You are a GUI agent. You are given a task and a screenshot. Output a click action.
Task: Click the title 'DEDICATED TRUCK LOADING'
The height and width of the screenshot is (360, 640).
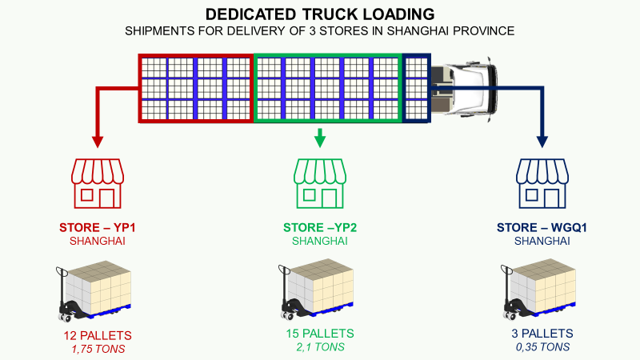[320, 14]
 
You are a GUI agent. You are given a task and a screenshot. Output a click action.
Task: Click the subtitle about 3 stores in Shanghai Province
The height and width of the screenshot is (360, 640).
[320, 30]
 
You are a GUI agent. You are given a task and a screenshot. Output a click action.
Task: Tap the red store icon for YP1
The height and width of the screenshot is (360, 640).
[98, 183]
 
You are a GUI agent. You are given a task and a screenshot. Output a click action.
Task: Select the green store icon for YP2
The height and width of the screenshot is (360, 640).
[320, 183]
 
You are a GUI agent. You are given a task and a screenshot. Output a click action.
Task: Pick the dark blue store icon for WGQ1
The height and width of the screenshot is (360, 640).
[542, 183]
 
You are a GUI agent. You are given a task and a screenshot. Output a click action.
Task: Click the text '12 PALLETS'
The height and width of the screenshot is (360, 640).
[98, 335]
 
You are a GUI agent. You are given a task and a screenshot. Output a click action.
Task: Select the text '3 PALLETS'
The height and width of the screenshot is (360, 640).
[542, 334]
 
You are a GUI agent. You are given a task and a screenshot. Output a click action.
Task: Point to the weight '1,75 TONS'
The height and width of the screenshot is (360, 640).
[98, 349]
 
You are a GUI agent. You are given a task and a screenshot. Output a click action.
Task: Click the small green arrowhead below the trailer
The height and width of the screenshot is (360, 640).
[320, 141]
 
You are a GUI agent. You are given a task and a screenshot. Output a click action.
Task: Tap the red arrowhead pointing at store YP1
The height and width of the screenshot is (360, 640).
[98, 142]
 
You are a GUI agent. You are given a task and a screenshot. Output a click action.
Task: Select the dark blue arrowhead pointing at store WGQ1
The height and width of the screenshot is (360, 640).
[542, 142]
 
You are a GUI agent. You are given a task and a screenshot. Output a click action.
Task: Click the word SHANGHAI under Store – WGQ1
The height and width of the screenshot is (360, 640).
[542, 241]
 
